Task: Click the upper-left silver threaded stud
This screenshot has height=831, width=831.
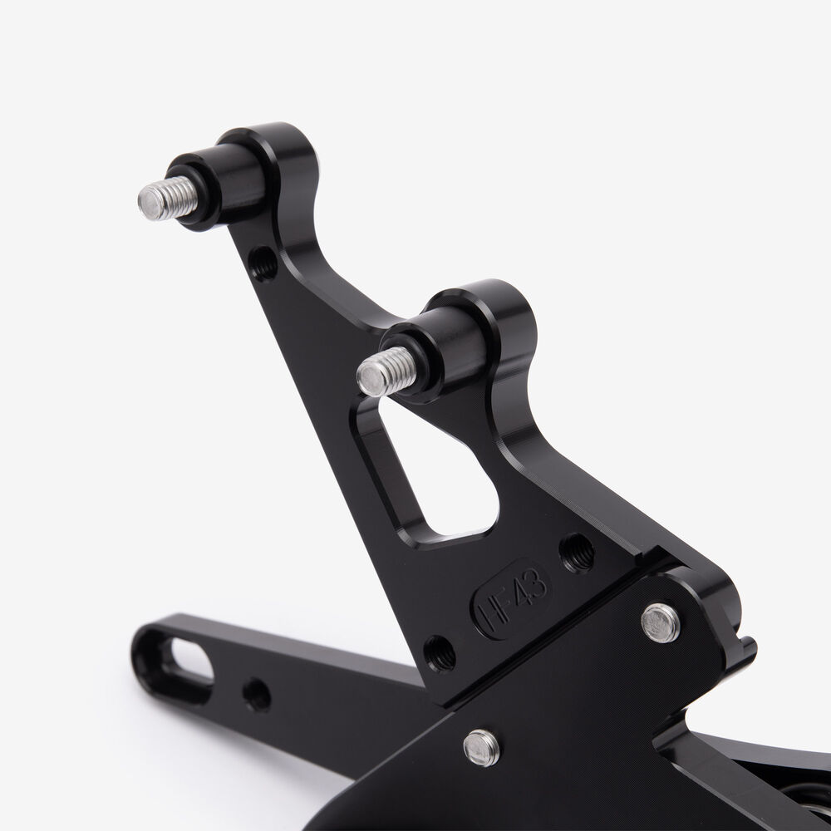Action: pos(169,199)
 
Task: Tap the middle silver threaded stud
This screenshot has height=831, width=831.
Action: pos(387,371)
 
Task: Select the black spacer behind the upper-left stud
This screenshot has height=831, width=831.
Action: pos(220,185)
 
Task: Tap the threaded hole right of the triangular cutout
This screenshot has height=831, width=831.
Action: pos(578,553)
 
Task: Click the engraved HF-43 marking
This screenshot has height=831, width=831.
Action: pos(511,599)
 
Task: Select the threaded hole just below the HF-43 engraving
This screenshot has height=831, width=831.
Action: pos(440,653)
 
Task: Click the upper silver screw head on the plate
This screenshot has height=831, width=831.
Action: pos(661,622)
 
